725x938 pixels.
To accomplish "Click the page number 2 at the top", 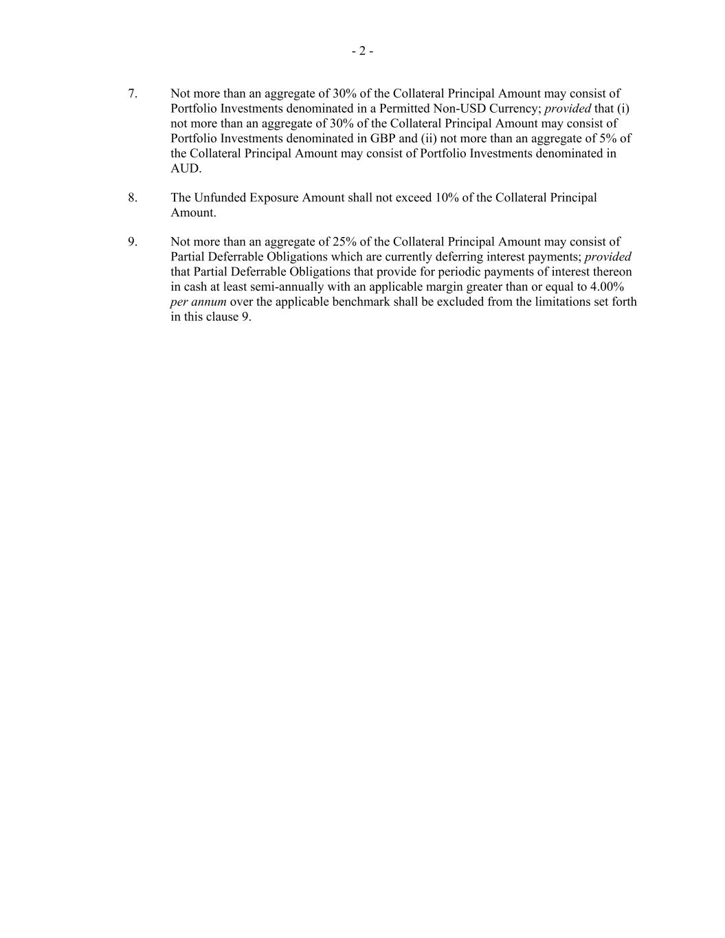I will [x=362, y=51].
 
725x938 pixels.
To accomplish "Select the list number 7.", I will [x=132, y=93].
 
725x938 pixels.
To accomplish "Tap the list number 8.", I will [x=132, y=198].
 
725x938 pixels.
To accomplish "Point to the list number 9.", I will [x=132, y=242].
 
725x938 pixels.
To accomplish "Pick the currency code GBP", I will [x=383, y=138].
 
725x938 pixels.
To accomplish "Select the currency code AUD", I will [x=186, y=168].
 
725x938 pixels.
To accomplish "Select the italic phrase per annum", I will [x=198, y=302].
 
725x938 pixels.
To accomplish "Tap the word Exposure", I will [x=274, y=198].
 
